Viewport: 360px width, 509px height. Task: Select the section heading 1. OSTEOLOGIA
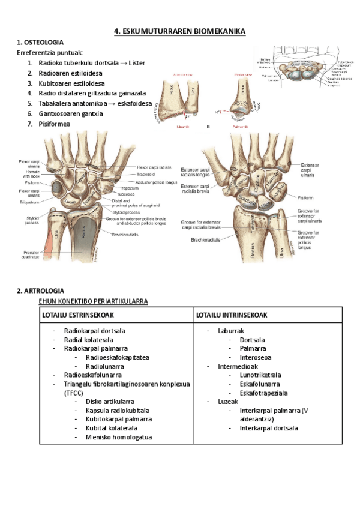click(40, 43)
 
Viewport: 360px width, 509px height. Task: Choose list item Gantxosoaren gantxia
click(70, 113)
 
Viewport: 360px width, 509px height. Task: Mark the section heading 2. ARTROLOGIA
click(40, 291)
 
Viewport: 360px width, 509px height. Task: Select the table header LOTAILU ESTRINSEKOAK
click(78, 315)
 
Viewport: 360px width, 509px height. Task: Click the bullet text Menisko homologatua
click(113, 438)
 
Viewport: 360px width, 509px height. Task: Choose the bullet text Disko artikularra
click(110, 402)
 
